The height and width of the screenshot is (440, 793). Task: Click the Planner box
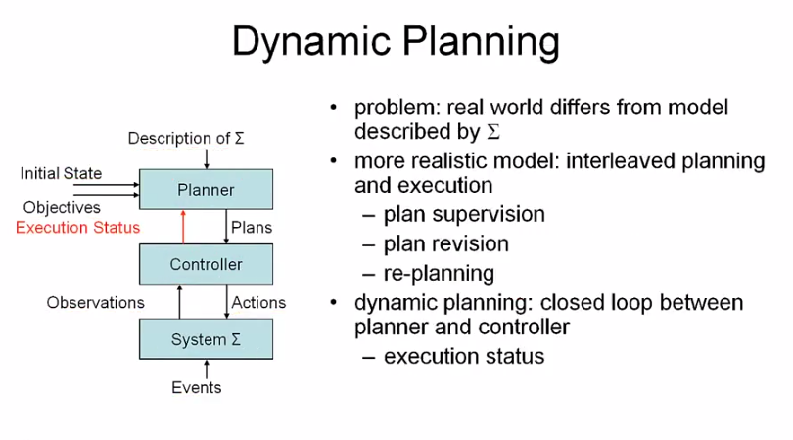coord(206,189)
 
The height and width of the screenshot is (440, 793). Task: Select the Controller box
coord(206,264)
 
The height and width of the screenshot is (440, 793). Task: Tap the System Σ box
coord(206,339)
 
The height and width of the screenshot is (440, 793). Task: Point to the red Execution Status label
coord(78,227)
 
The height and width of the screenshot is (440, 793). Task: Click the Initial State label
coord(61,173)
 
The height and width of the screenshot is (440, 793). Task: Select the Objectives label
coord(62,207)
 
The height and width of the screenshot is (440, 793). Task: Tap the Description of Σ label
coord(186,138)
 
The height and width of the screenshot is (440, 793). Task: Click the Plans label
coord(252,227)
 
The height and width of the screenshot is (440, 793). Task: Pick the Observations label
coord(95,302)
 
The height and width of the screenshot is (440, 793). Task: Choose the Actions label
coord(258,302)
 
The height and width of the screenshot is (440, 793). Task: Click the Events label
coord(197,387)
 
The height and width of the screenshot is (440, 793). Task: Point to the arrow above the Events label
coord(207,369)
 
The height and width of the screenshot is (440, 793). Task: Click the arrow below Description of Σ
coord(207,158)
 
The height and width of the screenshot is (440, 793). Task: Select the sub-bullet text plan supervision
coord(464,214)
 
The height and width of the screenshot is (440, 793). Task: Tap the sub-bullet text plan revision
coord(446,243)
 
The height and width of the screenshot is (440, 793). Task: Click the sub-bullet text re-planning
coord(439,273)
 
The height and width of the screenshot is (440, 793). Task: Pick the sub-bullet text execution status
coord(464,356)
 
